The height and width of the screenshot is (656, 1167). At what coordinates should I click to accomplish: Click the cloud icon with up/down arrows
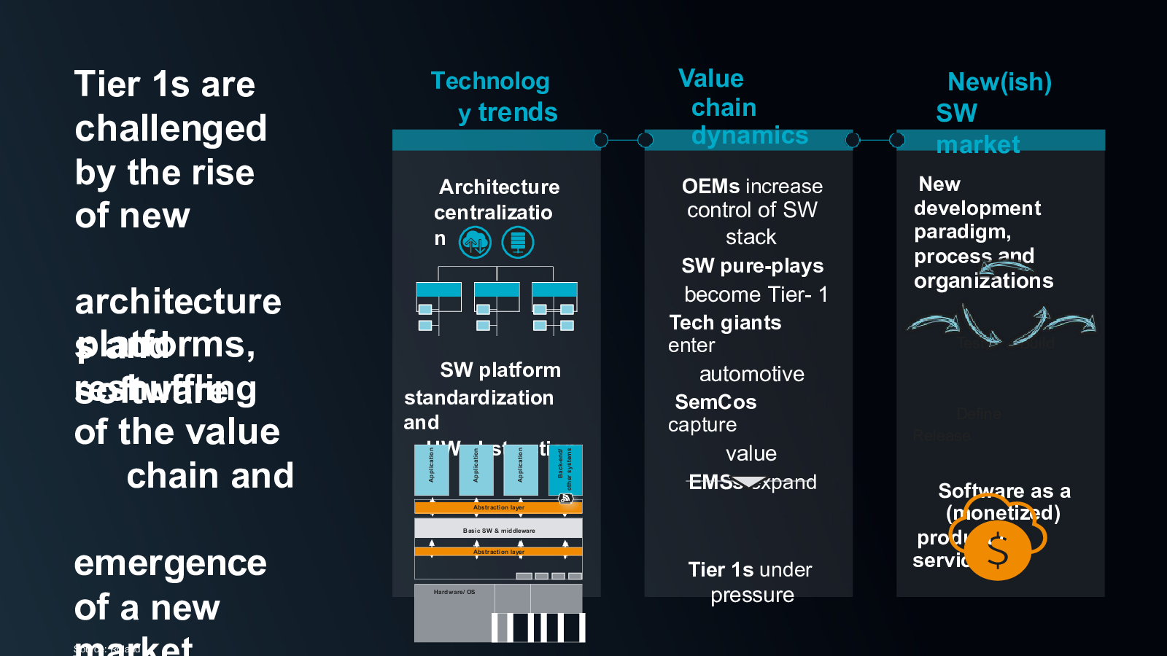pyautogui.click(x=475, y=242)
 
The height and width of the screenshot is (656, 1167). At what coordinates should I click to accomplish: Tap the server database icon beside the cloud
pyautogui.click(x=518, y=242)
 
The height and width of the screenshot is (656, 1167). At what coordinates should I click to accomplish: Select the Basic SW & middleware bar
pyautogui.click(x=498, y=530)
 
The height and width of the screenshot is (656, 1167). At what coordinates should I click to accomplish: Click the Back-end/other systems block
pyautogui.click(x=565, y=469)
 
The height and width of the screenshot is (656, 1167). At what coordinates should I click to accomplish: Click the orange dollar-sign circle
pyautogui.click(x=998, y=550)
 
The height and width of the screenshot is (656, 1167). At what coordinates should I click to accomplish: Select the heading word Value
pyautogui.click(x=710, y=79)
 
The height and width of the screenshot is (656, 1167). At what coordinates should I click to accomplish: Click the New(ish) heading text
pyautogui.click(x=999, y=82)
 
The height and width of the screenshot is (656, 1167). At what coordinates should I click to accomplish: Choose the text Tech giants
pyautogui.click(x=725, y=323)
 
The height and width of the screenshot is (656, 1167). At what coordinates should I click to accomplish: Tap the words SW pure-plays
pyautogui.click(x=752, y=266)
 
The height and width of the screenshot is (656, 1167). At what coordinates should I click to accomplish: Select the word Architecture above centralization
pyautogui.click(x=499, y=187)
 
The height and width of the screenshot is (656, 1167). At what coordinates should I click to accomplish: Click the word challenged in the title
pyautogui.click(x=171, y=129)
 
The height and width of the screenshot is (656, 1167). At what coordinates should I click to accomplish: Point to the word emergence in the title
pyautogui.click(x=171, y=563)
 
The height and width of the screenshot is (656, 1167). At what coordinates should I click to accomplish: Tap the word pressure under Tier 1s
pyautogui.click(x=752, y=596)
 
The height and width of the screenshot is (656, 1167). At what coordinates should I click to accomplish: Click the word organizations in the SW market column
pyautogui.click(x=983, y=281)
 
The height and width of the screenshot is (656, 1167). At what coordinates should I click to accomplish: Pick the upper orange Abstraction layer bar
pyautogui.click(x=498, y=507)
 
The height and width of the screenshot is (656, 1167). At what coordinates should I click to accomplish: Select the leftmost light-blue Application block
pyautogui.click(x=432, y=469)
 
